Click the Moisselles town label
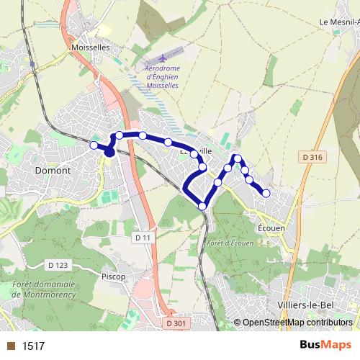coord(90,47)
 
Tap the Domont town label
coord(53,171)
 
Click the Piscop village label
coord(114,276)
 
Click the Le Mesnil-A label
coord(338,22)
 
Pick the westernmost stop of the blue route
coord(94,145)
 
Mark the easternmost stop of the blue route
coord(266,193)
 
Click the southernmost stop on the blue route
coord(202,207)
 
